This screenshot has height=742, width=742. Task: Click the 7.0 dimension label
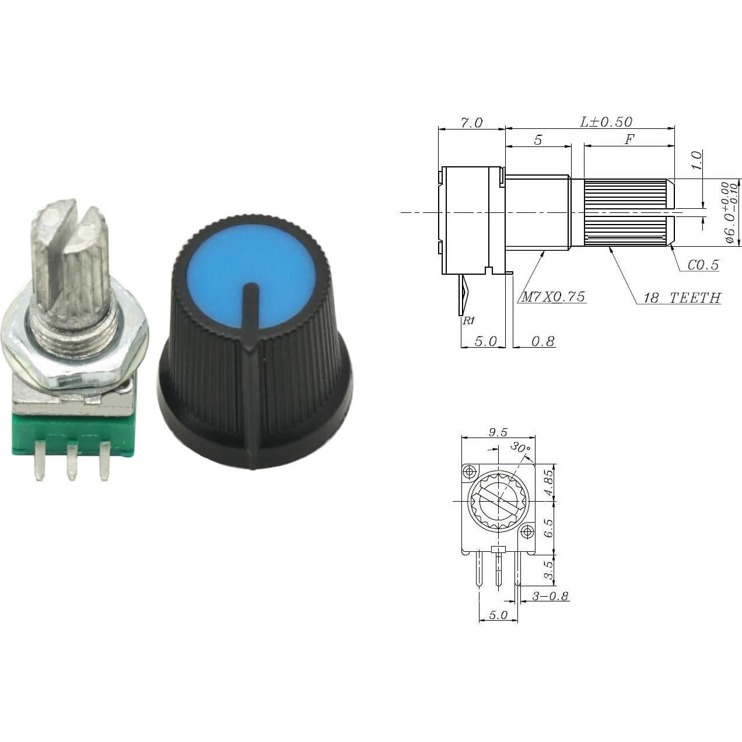coord(471,123)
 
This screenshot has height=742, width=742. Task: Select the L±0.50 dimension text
coord(605,122)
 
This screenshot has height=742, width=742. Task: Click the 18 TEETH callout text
coord(681,298)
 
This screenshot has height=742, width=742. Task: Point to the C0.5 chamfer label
coord(702,265)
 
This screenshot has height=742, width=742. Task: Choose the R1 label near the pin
coord(468,321)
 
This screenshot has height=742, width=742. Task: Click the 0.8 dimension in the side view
coord(542,341)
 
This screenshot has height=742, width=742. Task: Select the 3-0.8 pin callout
coord(550,596)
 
